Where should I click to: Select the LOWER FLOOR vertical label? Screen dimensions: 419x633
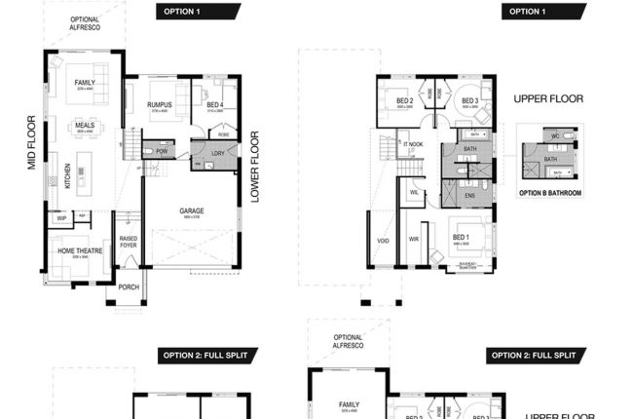pyautogui.click(x=255, y=167)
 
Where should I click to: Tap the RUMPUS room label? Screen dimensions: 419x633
pyautogui.click(x=160, y=104)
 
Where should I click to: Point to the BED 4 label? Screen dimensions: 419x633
pyautogui.click(x=214, y=104)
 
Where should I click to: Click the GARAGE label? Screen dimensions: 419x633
pyautogui.click(x=191, y=210)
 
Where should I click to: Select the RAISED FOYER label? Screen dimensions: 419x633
pyautogui.click(x=128, y=242)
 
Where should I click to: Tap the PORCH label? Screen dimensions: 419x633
pyautogui.click(x=129, y=287)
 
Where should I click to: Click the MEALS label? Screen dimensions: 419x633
pyautogui.click(x=85, y=125)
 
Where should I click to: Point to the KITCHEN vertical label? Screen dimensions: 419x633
pyautogui.click(x=68, y=176)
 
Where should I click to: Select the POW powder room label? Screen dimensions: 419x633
pyautogui.click(x=160, y=152)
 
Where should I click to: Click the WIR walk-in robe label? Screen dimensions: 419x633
pyautogui.click(x=413, y=238)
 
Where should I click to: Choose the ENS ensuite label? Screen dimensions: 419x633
pyautogui.click(x=469, y=196)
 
